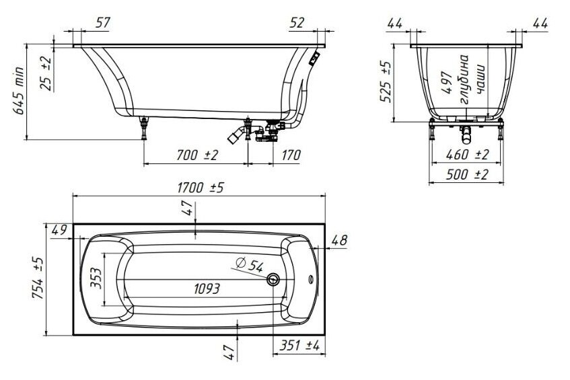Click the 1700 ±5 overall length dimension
[201, 188]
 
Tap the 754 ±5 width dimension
[38, 278]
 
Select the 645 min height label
[19, 90]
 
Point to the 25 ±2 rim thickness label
[46, 73]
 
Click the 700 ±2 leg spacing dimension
[197, 155]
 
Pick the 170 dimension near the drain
[291, 155]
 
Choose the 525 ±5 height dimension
[386, 82]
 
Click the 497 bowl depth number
[447, 83]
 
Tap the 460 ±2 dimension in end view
[467, 155]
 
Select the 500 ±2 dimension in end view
[467, 175]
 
